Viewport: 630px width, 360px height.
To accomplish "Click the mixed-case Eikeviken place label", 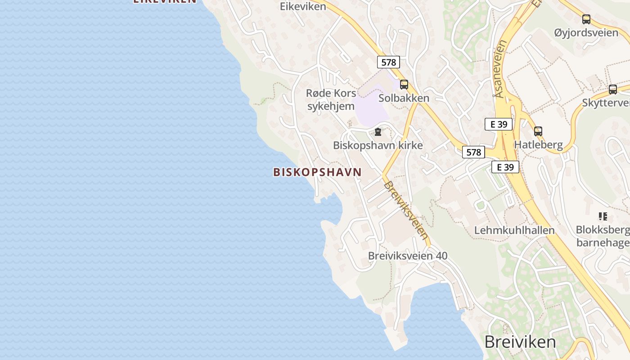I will [x=303, y=6].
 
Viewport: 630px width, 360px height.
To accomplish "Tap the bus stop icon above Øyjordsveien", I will [x=586, y=19].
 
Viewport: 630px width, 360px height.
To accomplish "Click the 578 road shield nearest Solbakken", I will [x=388, y=62].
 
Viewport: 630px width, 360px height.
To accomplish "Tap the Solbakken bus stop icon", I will [x=404, y=84].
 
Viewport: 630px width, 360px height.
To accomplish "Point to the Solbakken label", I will [x=404, y=98].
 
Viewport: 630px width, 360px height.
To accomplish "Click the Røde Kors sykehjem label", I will [x=331, y=100].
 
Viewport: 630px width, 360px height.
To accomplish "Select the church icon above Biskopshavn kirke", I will [x=378, y=132].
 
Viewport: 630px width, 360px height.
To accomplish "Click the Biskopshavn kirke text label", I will [x=378, y=145].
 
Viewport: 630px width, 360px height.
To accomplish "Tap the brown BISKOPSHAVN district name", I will [x=317, y=172].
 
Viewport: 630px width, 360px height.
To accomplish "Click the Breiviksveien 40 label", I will [x=408, y=256].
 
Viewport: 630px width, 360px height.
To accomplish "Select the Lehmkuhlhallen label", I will [x=514, y=230].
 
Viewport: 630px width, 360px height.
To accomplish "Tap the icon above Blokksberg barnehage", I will [x=603, y=216].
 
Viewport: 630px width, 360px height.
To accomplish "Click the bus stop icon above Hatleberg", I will [x=538, y=131].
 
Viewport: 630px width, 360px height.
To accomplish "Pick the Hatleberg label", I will [x=538, y=145].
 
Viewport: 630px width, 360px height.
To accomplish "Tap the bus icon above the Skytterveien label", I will [x=612, y=89].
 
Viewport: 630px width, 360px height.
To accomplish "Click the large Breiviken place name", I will [x=520, y=342].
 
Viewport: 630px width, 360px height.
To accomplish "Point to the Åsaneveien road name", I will [x=500, y=69].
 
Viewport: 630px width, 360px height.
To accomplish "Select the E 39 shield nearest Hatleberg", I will [x=499, y=124].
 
